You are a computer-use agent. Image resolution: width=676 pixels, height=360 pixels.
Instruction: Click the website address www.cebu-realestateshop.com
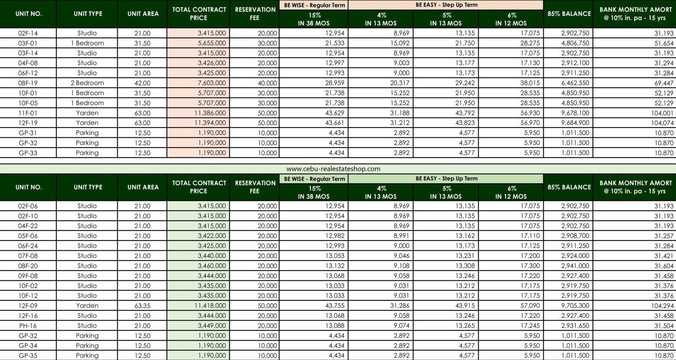click(x=333, y=169)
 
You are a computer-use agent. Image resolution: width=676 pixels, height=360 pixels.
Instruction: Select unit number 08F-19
click(x=28, y=83)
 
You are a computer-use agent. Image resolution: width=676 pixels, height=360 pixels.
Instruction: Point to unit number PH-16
click(x=28, y=326)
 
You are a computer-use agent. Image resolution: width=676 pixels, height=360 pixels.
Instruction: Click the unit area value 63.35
click(x=143, y=306)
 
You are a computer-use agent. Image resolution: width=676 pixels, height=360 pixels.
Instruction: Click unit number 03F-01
click(x=28, y=43)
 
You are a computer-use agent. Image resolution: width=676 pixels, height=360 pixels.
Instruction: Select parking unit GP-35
click(x=28, y=356)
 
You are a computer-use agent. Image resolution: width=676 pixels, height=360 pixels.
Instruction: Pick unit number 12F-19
click(x=28, y=123)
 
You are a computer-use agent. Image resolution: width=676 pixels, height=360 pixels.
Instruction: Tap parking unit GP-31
click(x=28, y=133)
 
